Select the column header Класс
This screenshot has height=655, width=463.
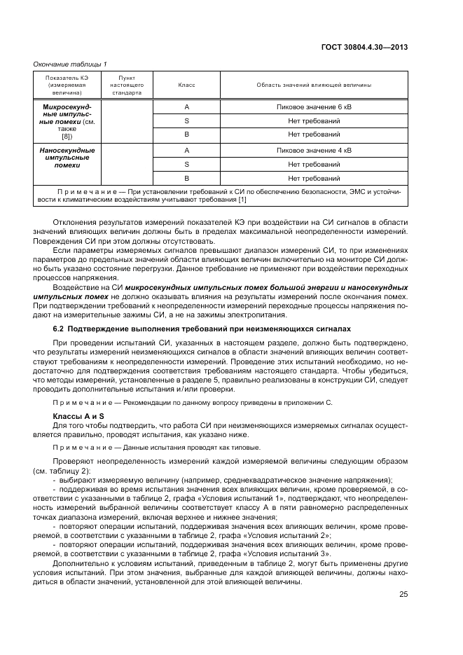coord(186,85)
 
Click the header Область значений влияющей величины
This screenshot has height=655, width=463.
coord(314,85)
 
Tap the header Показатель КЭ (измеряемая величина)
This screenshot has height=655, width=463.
coord(67,85)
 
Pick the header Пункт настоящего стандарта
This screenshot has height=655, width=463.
coord(127,85)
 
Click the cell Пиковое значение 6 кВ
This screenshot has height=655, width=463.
coord(314,107)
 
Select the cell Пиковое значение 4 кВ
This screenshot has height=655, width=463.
coord(314,150)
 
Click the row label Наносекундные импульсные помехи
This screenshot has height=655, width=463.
coord(67,158)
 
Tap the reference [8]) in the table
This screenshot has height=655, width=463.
coord(67,137)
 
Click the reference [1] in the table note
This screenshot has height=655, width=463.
coord(242,200)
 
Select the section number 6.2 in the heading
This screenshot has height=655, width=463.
coord(60,329)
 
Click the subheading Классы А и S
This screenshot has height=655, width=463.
coord(76,416)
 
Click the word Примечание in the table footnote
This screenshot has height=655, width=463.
coord(86,191)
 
